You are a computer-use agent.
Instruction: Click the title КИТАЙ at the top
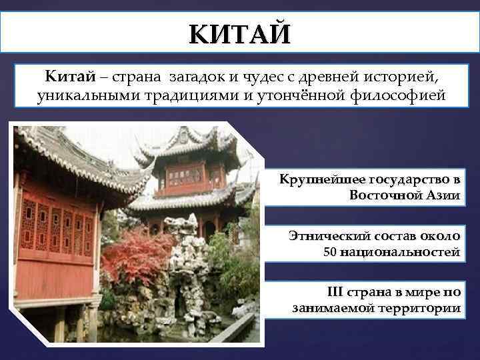pyautogui.click(x=239, y=33)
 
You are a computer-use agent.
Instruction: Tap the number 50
pyautogui.click(x=331, y=252)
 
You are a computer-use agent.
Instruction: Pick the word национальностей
pyautogui.click(x=400, y=252)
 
